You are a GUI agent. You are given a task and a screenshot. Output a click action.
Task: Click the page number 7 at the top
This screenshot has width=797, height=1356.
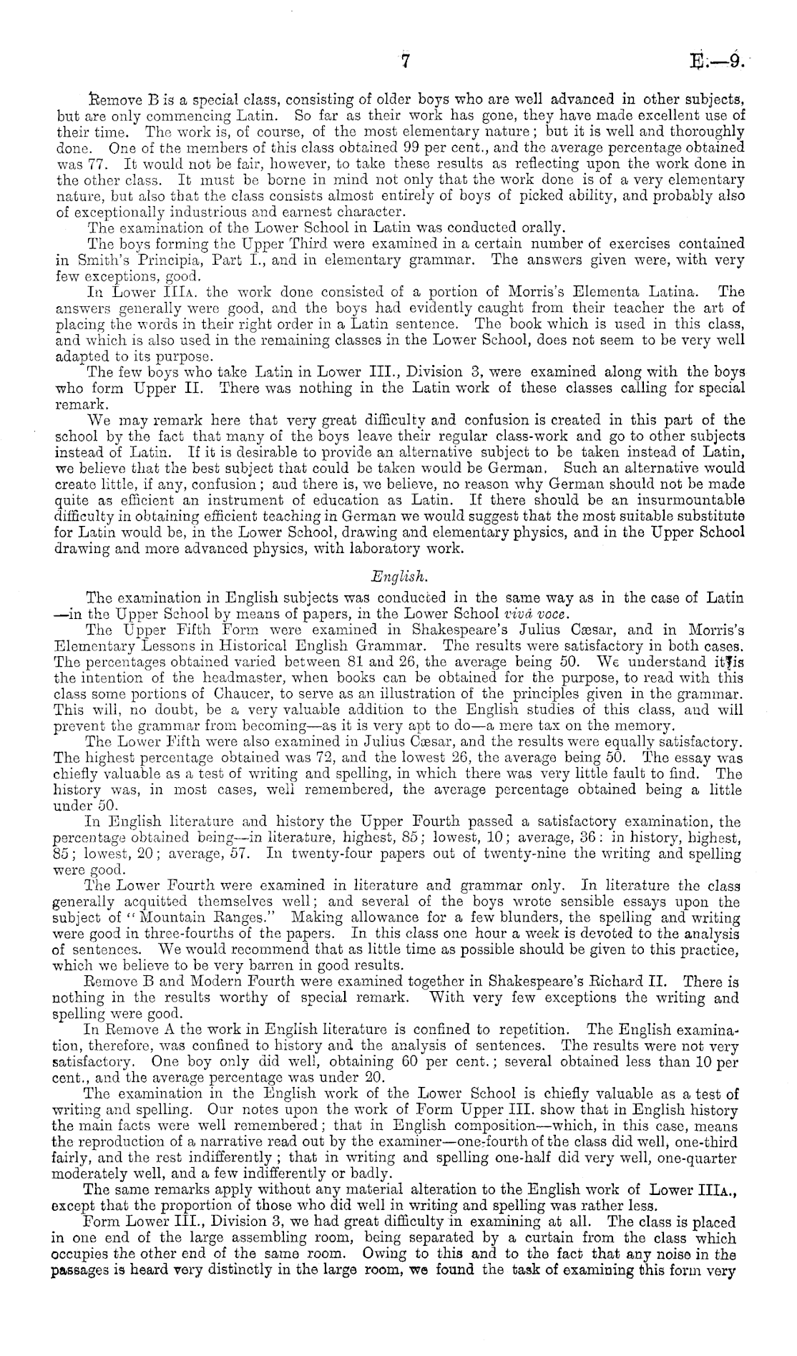(404, 62)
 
